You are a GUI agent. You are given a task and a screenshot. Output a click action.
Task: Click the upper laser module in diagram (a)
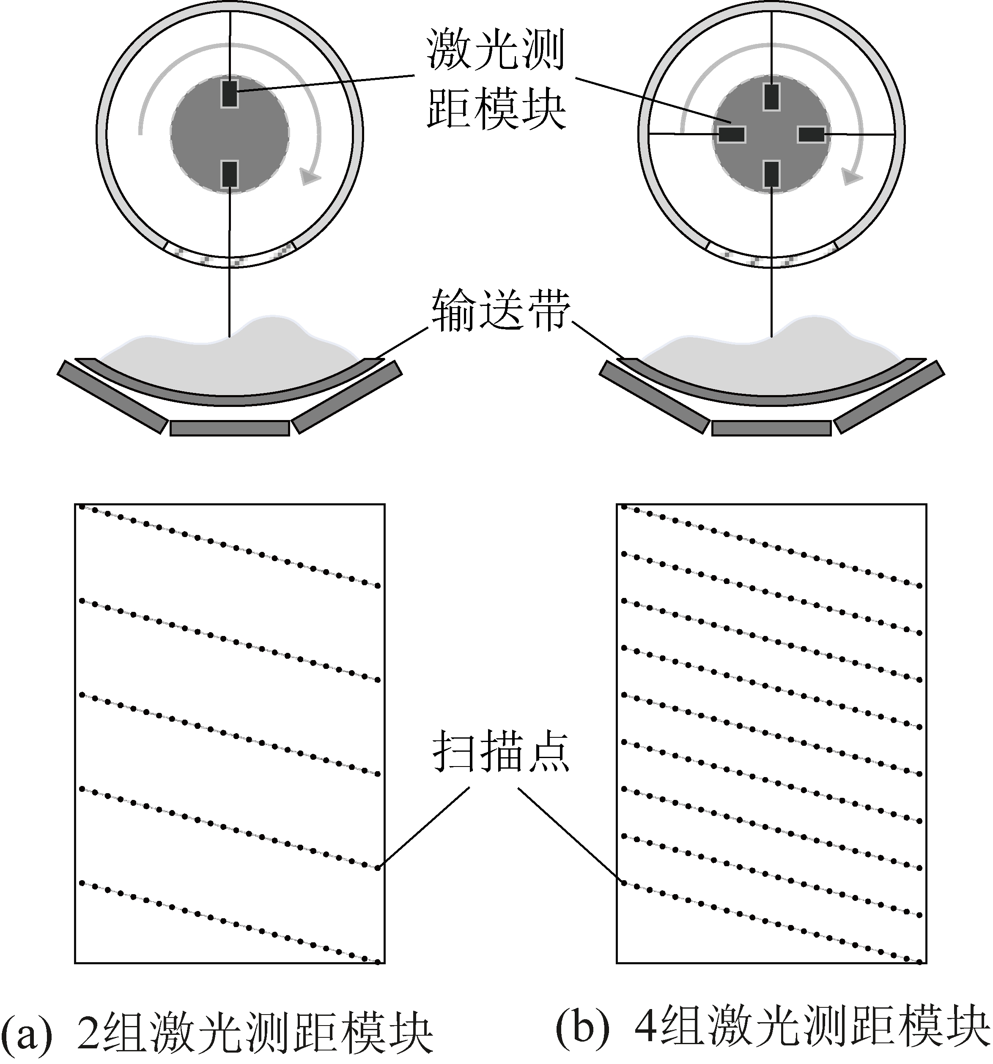(x=230, y=94)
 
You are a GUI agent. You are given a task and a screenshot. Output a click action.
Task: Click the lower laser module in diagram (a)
(x=230, y=174)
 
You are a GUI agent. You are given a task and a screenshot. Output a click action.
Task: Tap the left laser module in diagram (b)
(x=732, y=134)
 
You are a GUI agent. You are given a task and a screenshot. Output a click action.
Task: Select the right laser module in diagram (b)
(x=811, y=134)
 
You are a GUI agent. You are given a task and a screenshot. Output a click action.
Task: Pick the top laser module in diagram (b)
(x=771, y=96)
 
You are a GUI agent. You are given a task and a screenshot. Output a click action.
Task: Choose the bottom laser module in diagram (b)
(x=771, y=174)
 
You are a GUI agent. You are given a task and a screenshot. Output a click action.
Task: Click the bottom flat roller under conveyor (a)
(x=230, y=428)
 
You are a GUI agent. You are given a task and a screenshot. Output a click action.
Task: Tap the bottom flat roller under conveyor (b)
(x=771, y=428)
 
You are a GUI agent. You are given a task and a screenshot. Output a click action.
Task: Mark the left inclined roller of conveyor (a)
(x=112, y=396)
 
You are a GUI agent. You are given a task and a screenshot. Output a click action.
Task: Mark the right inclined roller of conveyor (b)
(x=889, y=396)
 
